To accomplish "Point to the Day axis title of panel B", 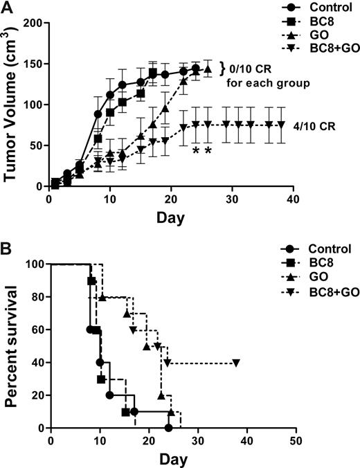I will click(x=172, y=458).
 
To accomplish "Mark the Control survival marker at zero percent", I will click(x=169, y=428).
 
